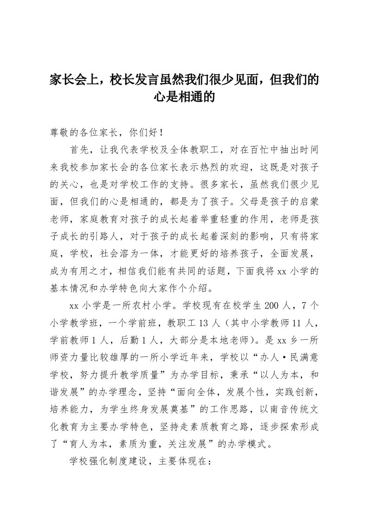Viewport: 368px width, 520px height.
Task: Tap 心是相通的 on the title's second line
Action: pyautogui.click(x=184, y=97)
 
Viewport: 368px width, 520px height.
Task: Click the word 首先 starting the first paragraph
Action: pyautogui.click(x=78, y=150)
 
